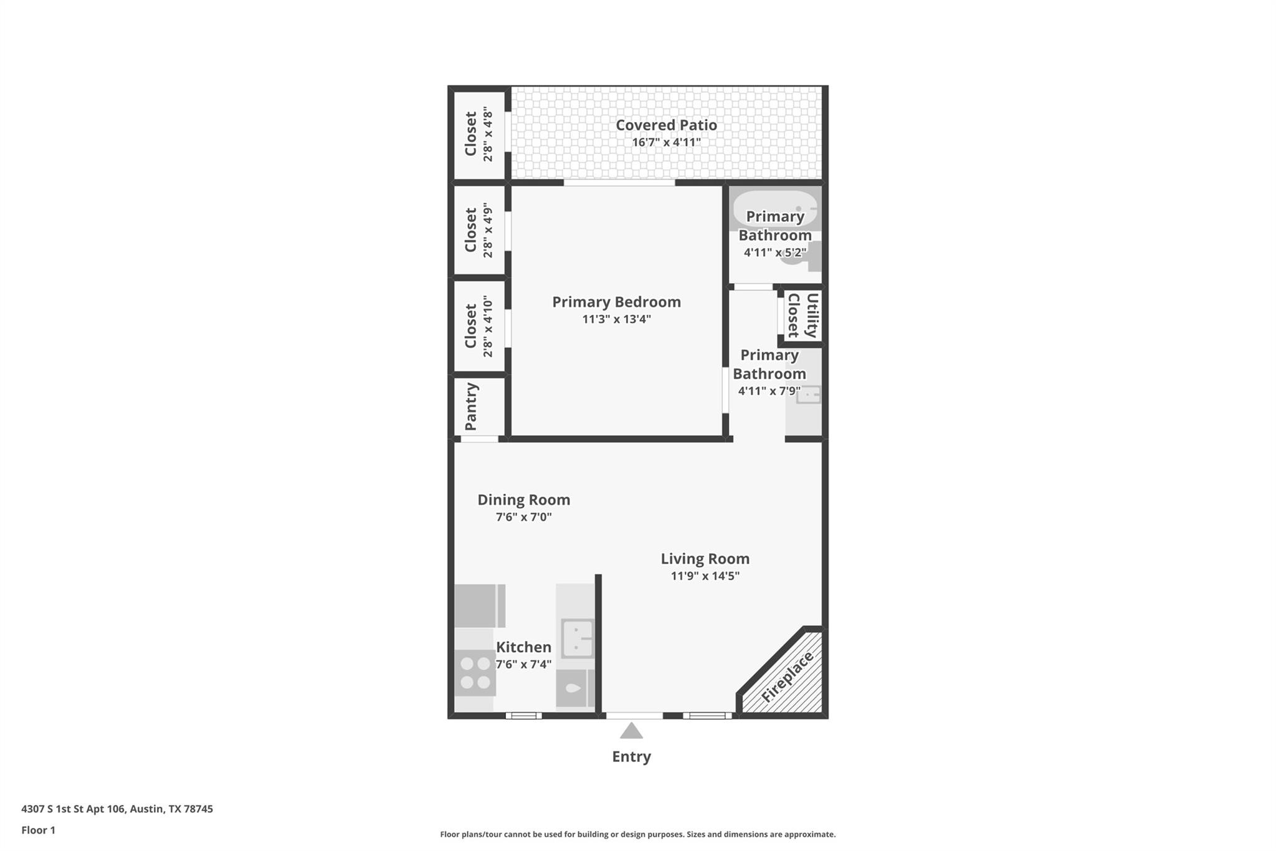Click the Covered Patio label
coord(666,125)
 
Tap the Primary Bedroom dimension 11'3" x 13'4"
coord(616,319)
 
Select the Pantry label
coord(471,406)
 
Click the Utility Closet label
coord(802,315)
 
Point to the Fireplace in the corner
coord(787,676)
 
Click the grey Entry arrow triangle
coord(631,731)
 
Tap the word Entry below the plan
coord(631,756)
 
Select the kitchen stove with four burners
coord(475,673)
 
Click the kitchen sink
coord(577,638)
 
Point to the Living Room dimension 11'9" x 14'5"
coord(705,576)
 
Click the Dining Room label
coord(523,500)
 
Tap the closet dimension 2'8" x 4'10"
coord(488,326)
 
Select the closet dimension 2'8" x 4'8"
coord(488,134)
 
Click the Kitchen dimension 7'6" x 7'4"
coord(523,665)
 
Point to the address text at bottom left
coord(117,809)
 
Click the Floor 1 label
coord(38,830)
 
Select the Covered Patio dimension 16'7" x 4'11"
coord(666,143)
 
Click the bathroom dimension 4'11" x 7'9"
coord(769,392)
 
